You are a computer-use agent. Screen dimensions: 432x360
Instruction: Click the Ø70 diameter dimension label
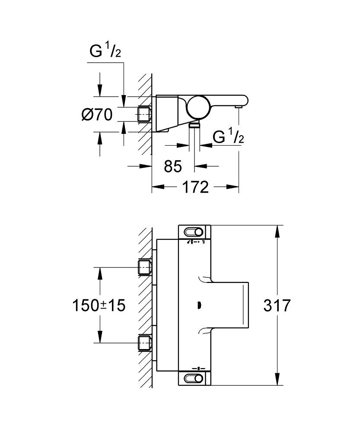coord(97,115)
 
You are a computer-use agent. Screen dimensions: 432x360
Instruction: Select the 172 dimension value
coord(195,187)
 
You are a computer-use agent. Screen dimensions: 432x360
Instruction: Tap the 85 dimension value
coord(173,166)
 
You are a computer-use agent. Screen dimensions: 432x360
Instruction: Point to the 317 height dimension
coord(277,305)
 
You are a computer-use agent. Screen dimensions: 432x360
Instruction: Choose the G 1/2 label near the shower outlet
coord(228,137)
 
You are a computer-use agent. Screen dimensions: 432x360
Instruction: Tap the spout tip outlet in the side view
coord(238,106)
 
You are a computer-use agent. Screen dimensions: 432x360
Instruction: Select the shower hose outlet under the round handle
coord(195,124)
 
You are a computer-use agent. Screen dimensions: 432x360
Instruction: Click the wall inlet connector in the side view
coord(144,114)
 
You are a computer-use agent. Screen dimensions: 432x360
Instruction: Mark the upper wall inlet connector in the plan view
coord(144,267)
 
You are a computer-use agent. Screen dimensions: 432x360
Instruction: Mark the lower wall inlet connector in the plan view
coord(144,343)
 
